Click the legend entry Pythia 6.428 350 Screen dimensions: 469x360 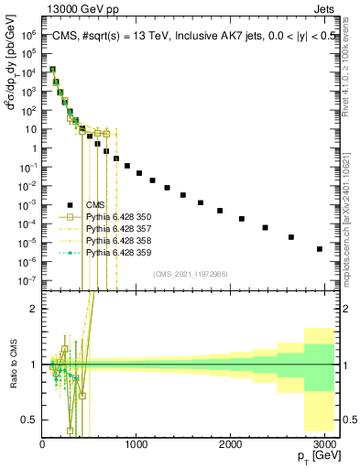pyautogui.click(x=115, y=217)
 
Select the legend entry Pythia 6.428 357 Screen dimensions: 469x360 pyautogui.click(x=115, y=228)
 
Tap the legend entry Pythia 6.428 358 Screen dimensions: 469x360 pyautogui.click(x=115, y=240)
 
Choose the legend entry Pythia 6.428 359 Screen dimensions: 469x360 pyautogui.click(x=115, y=252)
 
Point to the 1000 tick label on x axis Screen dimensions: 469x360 pyautogui.click(x=136, y=444)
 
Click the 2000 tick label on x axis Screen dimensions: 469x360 pyautogui.click(x=233, y=444)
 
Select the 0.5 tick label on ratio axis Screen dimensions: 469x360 pyautogui.click(x=29, y=420)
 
